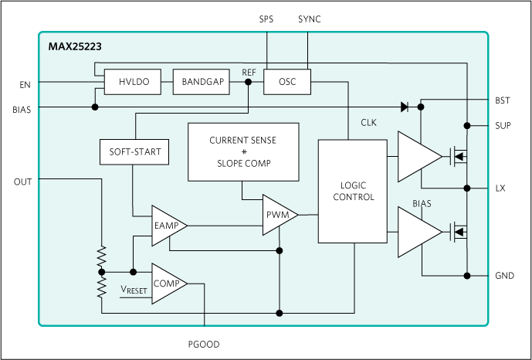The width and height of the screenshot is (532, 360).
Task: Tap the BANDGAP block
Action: tap(202, 82)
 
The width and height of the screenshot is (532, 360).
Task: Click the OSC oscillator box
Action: tap(286, 82)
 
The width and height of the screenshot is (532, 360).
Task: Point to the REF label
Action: tap(249, 72)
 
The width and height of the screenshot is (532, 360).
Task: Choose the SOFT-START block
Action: tap(134, 151)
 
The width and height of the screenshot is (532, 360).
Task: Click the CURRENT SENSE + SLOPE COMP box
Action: tap(242, 152)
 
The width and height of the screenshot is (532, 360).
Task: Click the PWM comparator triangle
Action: tap(278, 216)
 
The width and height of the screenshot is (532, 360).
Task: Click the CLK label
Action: tap(369, 123)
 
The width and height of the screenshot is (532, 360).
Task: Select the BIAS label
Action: tap(422, 205)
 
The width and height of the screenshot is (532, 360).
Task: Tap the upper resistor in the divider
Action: tap(101, 257)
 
